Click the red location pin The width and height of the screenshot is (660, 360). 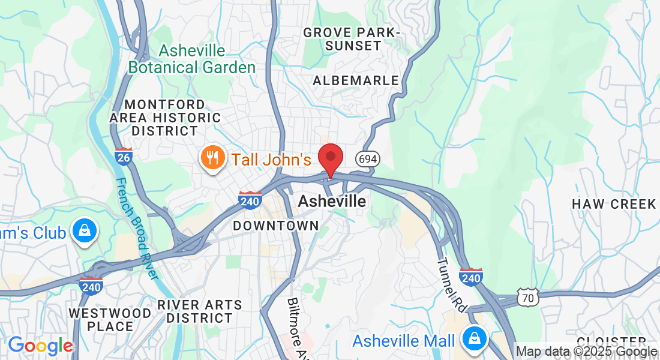tap(330, 158)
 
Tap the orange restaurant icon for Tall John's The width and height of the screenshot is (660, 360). tap(211, 158)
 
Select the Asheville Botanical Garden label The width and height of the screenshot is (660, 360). tap(192, 59)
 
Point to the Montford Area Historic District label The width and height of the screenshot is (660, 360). tap(165, 118)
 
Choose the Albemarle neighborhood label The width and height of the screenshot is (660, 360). tap(356, 80)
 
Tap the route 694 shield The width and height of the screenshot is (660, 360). tap(367, 159)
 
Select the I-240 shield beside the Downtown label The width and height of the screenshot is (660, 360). tap(250, 200)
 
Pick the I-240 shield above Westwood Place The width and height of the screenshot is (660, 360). tap(91, 285)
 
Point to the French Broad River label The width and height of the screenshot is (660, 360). tap(137, 228)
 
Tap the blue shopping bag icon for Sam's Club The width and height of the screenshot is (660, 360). tap(85, 230)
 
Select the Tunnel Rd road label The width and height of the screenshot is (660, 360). tap(451, 285)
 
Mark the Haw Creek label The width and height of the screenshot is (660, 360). tap(614, 205)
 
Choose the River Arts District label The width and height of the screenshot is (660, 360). tap(199, 311)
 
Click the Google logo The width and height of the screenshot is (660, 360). tap(40, 346)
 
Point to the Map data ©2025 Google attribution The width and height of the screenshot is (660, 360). tap(587, 352)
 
